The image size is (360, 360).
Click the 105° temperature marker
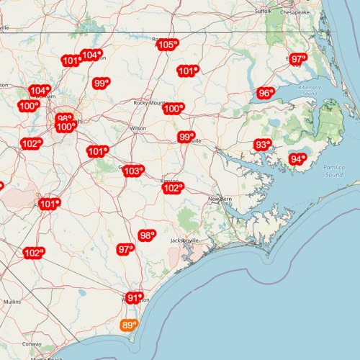(x=167, y=45)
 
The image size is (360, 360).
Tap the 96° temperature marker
(x=266, y=93)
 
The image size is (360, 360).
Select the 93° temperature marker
(x=263, y=145)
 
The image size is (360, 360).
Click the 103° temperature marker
(x=132, y=171)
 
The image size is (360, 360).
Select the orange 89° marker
(x=129, y=325)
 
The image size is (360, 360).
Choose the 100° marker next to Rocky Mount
(x=173, y=109)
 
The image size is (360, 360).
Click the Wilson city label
(x=138, y=128)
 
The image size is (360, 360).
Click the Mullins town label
(x=13, y=302)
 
